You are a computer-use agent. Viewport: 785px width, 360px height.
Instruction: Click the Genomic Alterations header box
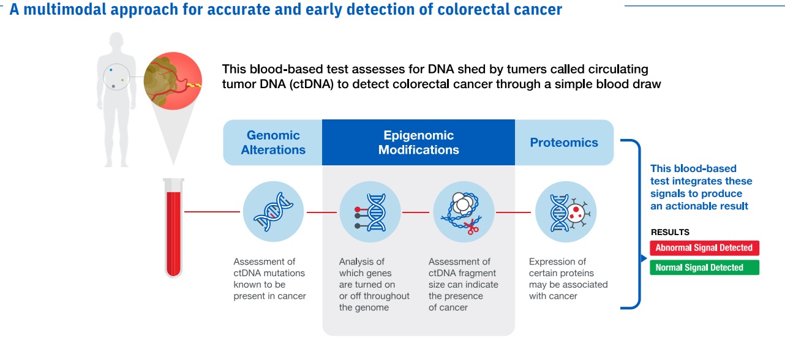point(272,143)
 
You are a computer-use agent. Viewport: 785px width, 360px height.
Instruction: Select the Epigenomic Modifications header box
point(418,143)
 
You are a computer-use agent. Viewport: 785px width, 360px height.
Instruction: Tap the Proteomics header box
point(564,143)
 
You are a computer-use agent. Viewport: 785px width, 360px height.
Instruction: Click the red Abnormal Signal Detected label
point(704,248)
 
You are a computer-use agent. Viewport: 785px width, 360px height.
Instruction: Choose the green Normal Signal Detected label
point(704,268)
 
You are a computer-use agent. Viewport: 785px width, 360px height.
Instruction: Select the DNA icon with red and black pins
point(369,212)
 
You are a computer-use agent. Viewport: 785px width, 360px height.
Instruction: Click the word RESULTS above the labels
point(670,233)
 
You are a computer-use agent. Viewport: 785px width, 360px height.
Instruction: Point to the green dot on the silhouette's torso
point(122,80)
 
